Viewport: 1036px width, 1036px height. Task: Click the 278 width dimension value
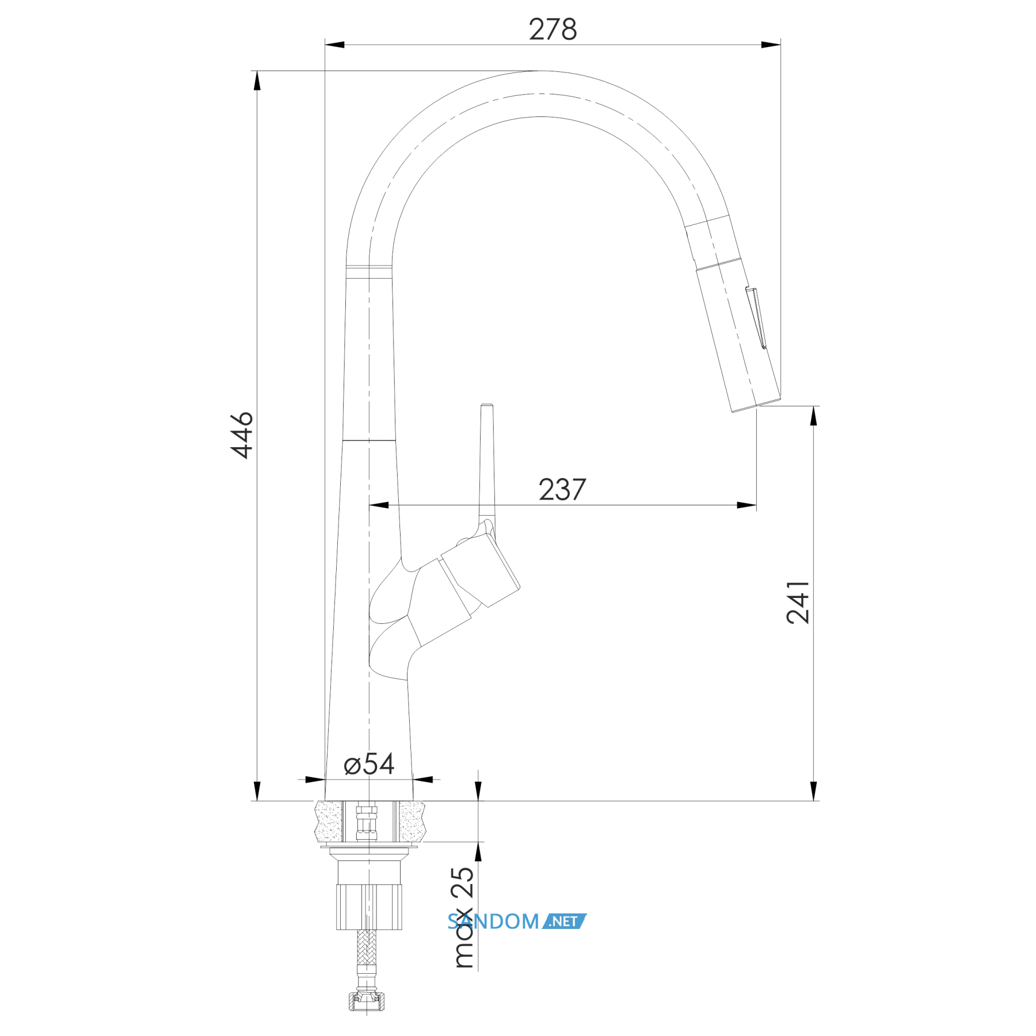(x=553, y=29)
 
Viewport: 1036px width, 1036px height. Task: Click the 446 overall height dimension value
(x=242, y=435)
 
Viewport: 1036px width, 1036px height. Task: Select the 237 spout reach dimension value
(x=562, y=490)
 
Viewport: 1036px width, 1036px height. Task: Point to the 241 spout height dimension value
(x=798, y=602)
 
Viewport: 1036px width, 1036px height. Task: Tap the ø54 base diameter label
(x=369, y=765)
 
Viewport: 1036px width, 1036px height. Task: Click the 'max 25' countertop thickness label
(x=463, y=917)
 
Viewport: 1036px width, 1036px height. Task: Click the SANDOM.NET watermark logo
(x=517, y=921)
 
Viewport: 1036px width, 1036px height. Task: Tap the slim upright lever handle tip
(x=487, y=406)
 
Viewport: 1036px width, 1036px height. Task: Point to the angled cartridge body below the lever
(x=480, y=570)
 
